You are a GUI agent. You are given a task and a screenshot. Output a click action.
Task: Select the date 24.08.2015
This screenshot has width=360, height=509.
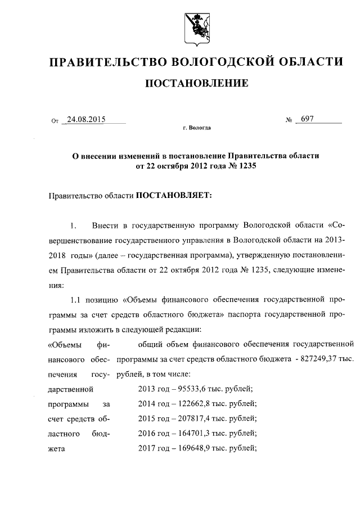point(86,119)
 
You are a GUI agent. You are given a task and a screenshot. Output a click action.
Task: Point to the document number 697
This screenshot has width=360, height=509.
point(308,119)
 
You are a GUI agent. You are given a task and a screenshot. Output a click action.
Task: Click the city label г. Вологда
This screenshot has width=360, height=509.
point(196,128)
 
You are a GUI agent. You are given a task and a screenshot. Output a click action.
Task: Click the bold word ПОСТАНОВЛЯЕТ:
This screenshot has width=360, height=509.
point(171,196)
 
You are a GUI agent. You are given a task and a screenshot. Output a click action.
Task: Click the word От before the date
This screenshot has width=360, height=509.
point(55,120)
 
